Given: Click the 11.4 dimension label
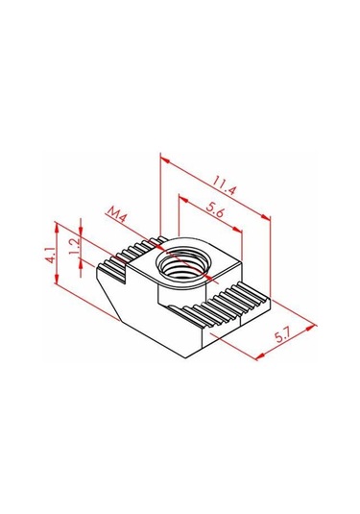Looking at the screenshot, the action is [x=224, y=185].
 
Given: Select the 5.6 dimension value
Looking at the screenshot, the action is [x=215, y=209].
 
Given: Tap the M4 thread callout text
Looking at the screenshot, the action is [x=117, y=214].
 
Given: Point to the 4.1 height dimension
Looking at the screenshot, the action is [x=50, y=256].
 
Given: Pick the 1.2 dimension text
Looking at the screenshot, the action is [x=74, y=246].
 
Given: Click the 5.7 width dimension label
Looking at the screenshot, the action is [x=283, y=336].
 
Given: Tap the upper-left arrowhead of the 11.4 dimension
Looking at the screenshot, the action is [x=165, y=160].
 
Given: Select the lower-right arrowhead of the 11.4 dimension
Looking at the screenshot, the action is [x=266, y=217].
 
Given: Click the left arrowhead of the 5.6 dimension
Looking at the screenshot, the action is [x=183, y=199].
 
